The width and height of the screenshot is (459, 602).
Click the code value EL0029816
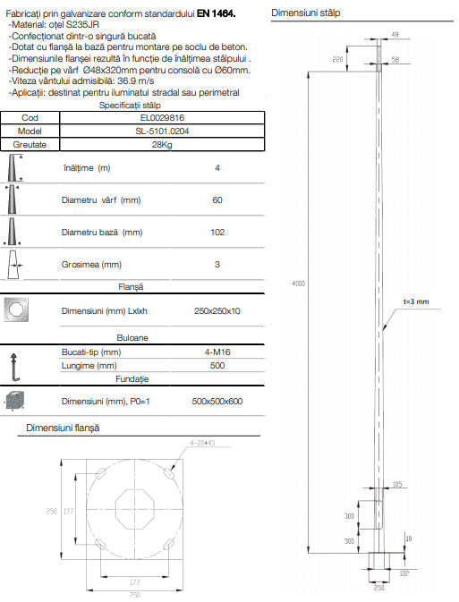pyautogui.click(x=163, y=117)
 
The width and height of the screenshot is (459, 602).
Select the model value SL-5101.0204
pyautogui.click(x=163, y=131)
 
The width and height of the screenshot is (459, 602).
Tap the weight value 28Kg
pyautogui.click(x=163, y=144)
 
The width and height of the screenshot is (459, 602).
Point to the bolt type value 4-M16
pyautogui.click(x=217, y=352)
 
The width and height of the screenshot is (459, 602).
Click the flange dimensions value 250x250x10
pyautogui.click(x=217, y=310)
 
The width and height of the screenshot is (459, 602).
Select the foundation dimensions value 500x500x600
pyautogui.click(x=217, y=402)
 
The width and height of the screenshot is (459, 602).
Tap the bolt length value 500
pyautogui.click(x=217, y=365)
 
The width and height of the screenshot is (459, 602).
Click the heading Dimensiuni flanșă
pyautogui.click(x=63, y=428)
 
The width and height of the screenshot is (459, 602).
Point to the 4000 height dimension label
pyautogui.click(x=299, y=284)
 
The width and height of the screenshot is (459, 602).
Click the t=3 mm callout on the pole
pyautogui.click(x=416, y=302)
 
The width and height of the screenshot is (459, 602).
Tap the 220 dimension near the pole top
pyautogui.click(x=338, y=58)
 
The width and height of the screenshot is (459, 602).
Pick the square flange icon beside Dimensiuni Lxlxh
pyautogui.click(x=19, y=309)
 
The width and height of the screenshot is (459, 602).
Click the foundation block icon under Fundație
pyautogui.click(x=19, y=402)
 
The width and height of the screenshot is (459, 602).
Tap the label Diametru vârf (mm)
pyautogui.click(x=102, y=200)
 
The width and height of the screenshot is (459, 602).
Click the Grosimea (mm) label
pyautogui.click(x=92, y=265)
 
